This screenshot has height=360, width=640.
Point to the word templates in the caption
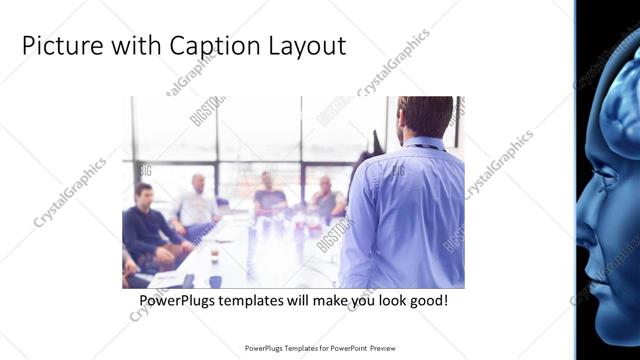coord(251,299)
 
